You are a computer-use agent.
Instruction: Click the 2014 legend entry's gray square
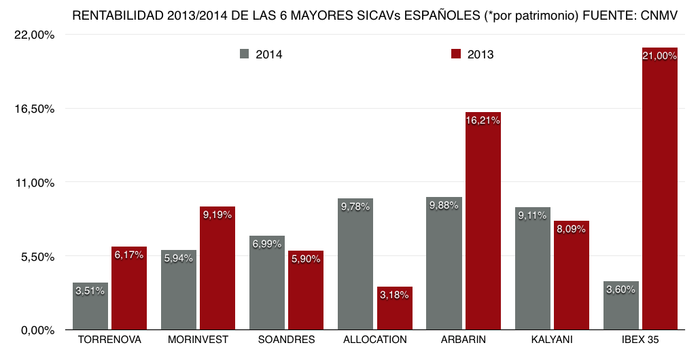tap(245, 54)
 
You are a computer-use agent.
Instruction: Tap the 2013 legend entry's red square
tap(456, 54)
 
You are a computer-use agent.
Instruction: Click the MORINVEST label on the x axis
tap(198, 340)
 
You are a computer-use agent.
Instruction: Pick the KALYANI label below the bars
tap(552, 340)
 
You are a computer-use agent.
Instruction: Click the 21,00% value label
tap(660, 56)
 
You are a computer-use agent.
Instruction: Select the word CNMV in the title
tap(659, 15)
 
